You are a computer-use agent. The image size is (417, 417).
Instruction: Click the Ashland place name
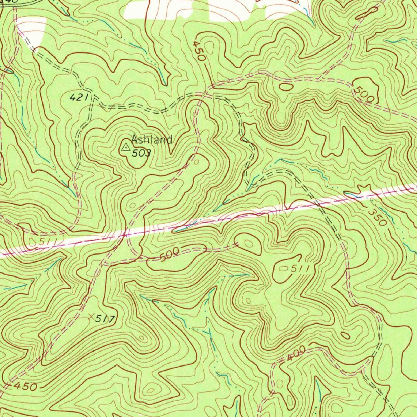pos(151,140)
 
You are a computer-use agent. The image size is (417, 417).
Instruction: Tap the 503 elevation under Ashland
pos(141,153)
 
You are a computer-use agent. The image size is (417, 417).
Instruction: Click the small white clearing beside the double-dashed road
pos(31,33)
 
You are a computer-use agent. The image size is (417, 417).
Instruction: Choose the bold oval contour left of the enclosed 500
pos(286,86)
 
